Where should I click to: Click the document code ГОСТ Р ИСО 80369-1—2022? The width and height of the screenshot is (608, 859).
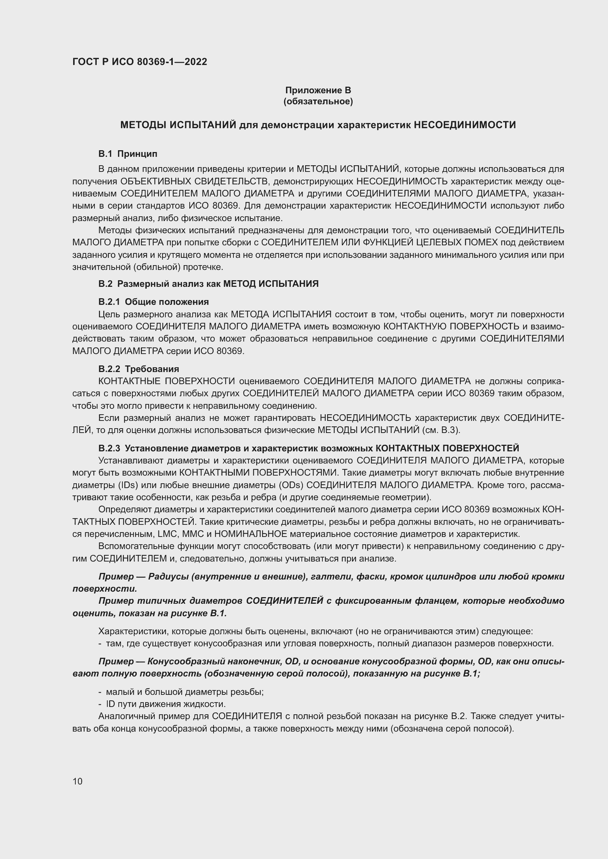(x=140, y=62)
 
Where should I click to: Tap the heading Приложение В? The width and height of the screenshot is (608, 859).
(x=318, y=90)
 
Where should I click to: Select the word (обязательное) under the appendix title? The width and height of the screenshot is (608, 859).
(x=318, y=101)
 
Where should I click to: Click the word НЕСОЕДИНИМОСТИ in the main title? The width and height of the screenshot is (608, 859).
(x=465, y=125)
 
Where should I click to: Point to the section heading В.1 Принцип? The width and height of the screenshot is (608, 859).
(x=128, y=154)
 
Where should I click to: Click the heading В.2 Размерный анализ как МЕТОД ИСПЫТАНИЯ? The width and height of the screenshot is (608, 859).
(x=208, y=284)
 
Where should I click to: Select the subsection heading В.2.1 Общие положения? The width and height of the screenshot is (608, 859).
(x=154, y=302)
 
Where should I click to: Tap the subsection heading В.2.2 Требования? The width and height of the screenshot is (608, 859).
(x=139, y=369)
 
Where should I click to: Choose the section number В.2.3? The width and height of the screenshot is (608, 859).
(x=109, y=448)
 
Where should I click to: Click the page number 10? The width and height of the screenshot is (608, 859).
(x=78, y=781)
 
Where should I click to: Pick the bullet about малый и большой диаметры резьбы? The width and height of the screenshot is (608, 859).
(x=185, y=692)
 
